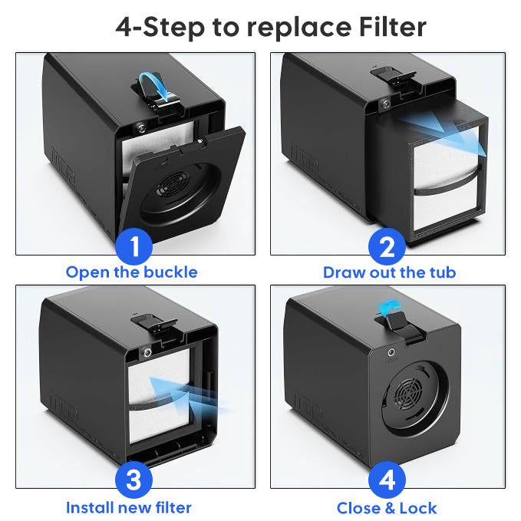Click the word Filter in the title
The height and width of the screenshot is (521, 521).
pyautogui.click(x=392, y=28)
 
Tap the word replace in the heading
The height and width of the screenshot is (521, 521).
pyautogui.click(x=298, y=28)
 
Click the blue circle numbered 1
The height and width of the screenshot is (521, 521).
pyautogui.click(x=134, y=246)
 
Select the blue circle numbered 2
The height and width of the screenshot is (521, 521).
pyautogui.click(x=387, y=246)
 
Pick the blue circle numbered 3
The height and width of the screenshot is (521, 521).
pyautogui.click(x=134, y=480)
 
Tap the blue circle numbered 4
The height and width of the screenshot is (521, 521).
pyautogui.click(x=387, y=480)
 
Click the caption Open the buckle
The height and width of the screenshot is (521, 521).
pyautogui.click(x=131, y=272)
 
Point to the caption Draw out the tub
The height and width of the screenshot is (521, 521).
pyautogui.click(x=390, y=272)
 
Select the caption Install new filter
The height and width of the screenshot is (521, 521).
pyautogui.click(x=129, y=508)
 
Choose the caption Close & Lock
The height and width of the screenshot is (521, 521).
pyautogui.click(x=387, y=508)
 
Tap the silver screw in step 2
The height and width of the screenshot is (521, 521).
pyautogui.click(x=385, y=104)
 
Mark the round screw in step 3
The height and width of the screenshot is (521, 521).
pyautogui.click(x=147, y=352)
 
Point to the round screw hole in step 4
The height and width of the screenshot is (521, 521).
pyautogui.click(x=391, y=352)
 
